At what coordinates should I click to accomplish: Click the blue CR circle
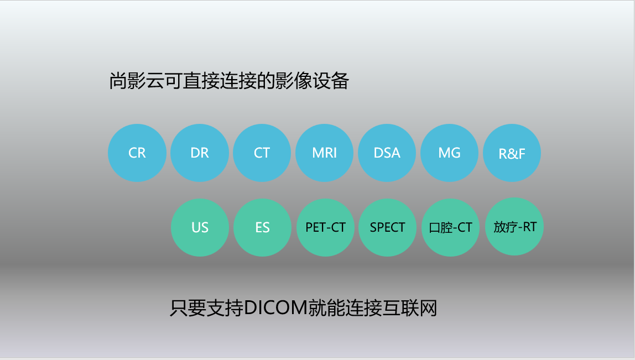137,153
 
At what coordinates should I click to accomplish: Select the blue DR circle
200,153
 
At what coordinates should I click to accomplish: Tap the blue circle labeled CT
262,153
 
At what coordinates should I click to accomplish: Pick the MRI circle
324,153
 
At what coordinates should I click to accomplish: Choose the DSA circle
387,153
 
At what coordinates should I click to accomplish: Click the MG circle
450,153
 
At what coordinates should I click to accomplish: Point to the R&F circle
512,153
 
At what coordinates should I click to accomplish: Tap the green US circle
200,228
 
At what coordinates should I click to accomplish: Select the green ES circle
262,228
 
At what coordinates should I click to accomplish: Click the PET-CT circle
326,228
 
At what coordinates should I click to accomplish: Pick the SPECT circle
388,228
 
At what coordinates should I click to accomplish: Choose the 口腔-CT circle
451,228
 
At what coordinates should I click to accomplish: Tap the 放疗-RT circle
514,227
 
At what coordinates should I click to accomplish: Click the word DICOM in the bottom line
275,308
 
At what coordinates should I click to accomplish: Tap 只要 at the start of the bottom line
188,308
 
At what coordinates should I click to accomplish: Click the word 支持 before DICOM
225,308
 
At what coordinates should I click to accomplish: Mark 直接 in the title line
201,81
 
